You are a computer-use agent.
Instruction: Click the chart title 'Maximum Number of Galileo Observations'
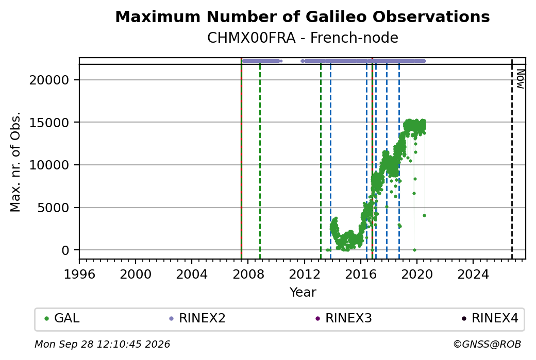pyautogui.click(x=303, y=16)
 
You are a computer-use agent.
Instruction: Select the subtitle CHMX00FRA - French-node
pyautogui.click(x=303, y=38)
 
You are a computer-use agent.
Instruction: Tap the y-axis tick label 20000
pyautogui.click(x=49, y=80)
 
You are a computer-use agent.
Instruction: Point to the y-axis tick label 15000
pyautogui.click(x=49, y=123)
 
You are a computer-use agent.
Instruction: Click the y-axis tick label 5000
pyautogui.click(x=53, y=208)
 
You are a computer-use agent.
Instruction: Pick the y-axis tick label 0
pyautogui.click(x=65, y=250)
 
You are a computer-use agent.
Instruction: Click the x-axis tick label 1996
pyautogui.click(x=79, y=274)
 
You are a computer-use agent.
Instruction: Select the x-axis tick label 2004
pyautogui.click(x=192, y=274)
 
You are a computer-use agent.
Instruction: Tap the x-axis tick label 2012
pyautogui.click(x=304, y=274)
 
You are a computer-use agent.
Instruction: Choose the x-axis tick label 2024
pyautogui.click(x=473, y=274)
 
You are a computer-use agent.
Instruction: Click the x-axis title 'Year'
pyautogui.click(x=303, y=293)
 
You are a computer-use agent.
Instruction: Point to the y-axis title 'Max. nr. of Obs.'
pyautogui.click(x=15, y=162)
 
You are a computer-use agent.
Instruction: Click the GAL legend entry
pyautogui.click(x=62, y=318)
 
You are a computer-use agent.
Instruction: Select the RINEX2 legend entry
pyautogui.click(x=197, y=318)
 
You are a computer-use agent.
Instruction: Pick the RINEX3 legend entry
pyautogui.click(x=344, y=318)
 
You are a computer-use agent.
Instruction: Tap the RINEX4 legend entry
pyautogui.click(x=490, y=318)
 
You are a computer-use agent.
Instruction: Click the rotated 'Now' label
pyautogui.click(x=520, y=79)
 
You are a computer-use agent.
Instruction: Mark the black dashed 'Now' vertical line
pyautogui.click(x=512, y=159)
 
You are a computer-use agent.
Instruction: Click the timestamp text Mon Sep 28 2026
pyautogui.click(x=102, y=344)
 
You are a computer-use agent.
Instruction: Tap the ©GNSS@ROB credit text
pyautogui.click(x=487, y=344)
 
